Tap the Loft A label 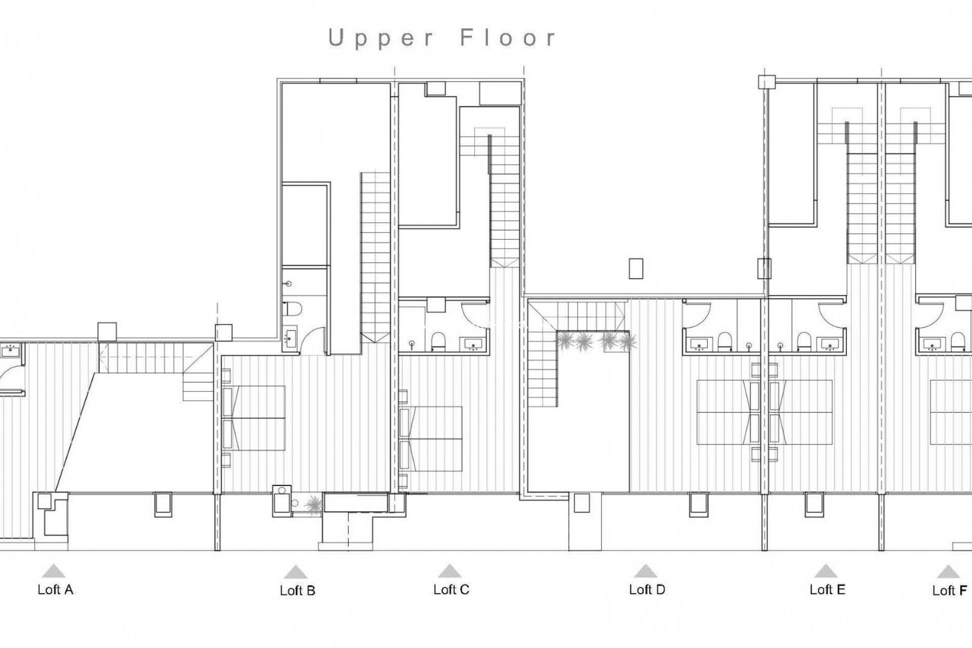click(x=55, y=590)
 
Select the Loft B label click(x=298, y=591)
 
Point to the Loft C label click(x=451, y=590)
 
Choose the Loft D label click(x=646, y=590)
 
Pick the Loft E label click(x=827, y=590)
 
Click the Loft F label click(x=950, y=591)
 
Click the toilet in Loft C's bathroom click(x=438, y=341)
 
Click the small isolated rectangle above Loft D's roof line click(x=636, y=268)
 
